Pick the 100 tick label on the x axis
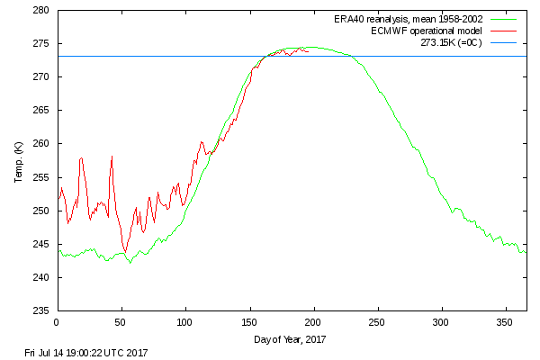pyautogui.click(x=184, y=321)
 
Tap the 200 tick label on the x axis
pyautogui.click(x=313, y=321)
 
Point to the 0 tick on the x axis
pyautogui.click(x=57, y=321)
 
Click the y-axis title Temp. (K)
pyautogui.click(x=18, y=162)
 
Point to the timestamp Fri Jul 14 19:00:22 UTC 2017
pyautogui.click(x=86, y=352)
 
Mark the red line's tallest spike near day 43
pyautogui.click(x=112, y=157)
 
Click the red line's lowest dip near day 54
pyautogui.click(x=126, y=251)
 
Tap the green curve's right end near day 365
pyautogui.click(x=525, y=252)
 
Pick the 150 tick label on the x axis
pyautogui.click(x=249, y=321)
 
